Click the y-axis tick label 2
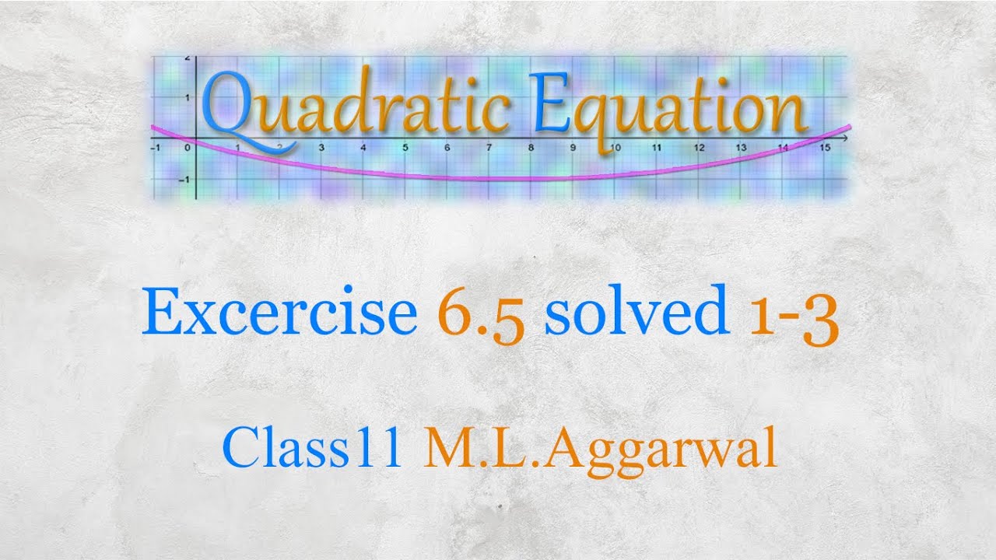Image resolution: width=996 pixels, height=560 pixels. (x=187, y=59)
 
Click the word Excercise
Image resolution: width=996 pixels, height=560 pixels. (x=279, y=313)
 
